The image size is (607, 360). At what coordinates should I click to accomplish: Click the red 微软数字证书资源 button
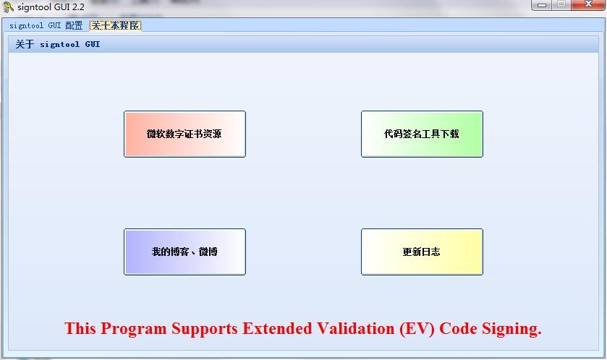click(184, 134)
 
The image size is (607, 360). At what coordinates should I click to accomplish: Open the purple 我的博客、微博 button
click(184, 252)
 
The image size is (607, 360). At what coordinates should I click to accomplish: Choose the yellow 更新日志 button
click(422, 252)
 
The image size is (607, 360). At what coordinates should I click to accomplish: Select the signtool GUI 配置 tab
click(46, 25)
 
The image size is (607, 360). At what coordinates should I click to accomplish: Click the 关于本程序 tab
click(115, 25)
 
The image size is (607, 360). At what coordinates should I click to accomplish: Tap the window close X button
click(588, 4)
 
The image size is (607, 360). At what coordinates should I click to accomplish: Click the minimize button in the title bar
click(542, 5)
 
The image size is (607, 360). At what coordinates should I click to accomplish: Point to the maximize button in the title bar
click(561, 4)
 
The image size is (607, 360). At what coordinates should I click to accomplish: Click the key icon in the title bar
click(8, 7)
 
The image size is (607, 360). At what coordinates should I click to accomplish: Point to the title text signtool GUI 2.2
click(51, 7)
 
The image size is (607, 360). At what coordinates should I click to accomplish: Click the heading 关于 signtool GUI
click(58, 45)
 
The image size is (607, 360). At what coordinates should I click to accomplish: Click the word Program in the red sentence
click(134, 329)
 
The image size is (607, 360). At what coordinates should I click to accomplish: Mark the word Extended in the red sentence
click(277, 329)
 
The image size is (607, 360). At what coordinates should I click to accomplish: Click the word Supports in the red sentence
click(205, 330)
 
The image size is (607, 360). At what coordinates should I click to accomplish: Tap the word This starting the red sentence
click(80, 329)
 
